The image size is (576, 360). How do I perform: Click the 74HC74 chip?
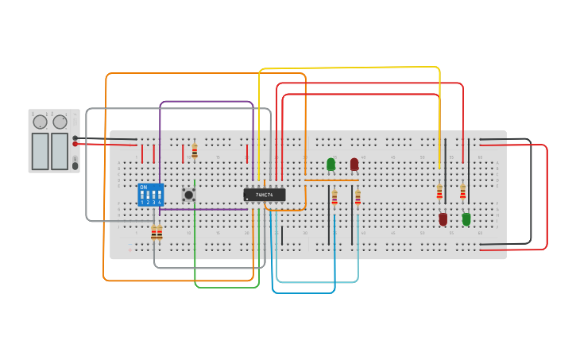tap(264, 195)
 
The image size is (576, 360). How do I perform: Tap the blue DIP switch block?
tap(150, 195)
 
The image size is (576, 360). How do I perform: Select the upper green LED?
tap(331, 165)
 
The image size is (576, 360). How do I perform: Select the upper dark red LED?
tap(354, 165)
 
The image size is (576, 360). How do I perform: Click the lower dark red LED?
tap(443, 219)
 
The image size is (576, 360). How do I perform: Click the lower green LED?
tap(466, 219)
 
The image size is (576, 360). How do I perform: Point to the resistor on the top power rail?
tap(195, 151)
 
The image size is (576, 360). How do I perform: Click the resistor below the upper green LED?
tap(334, 198)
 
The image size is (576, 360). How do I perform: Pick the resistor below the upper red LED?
tap(358, 198)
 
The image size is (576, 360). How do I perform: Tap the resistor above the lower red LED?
tap(439, 192)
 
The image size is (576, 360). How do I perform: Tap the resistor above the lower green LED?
tap(462, 192)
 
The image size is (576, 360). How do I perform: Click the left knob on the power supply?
tap(40, 122)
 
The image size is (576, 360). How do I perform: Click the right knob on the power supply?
tap(60, 122)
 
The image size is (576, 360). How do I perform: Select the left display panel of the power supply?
tap(40, 151)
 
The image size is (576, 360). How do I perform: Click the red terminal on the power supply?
tap(75, 144)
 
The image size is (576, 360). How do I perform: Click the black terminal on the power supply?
tap(75, 137)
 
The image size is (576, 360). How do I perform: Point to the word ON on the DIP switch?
tap(143, 188)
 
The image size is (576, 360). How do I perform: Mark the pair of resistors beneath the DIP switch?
tap(157, 232)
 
